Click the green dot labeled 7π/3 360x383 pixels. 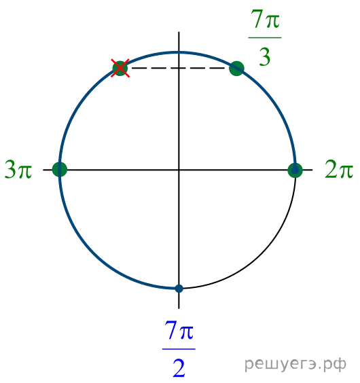point(236,69)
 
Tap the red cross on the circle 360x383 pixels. point(120,68)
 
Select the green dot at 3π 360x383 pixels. point(60,169)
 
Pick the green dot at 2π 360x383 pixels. point(295,170)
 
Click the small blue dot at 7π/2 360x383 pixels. point(179,289)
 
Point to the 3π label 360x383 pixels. point(18,169)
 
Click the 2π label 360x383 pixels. point(339,169)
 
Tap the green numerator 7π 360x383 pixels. point(265,19)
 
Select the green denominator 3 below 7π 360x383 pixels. point(265,57)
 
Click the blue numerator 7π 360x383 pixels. point(179,330)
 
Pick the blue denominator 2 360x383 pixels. point(179,368)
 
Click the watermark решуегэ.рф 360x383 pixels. point(295,364)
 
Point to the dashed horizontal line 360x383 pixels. point(179,68)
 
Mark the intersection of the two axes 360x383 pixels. point(179,170)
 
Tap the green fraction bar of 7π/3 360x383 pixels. point(265,38)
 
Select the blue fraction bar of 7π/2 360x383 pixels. point(179,349)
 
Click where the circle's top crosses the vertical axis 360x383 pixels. point(179,52)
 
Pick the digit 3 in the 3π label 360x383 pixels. point(10,169)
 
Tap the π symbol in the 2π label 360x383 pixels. point(345,171)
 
